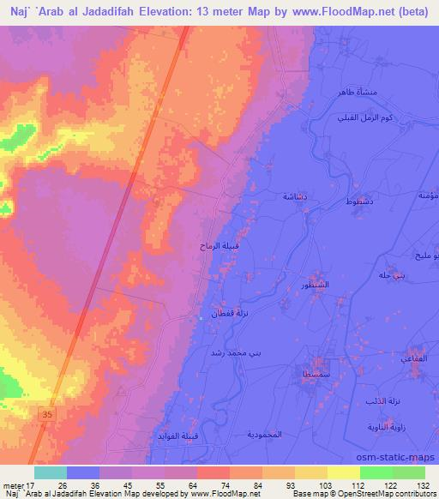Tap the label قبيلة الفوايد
(x=177, y=437)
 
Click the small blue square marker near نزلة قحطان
(x=201, y=318)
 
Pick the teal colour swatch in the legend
(x=51, y=472)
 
